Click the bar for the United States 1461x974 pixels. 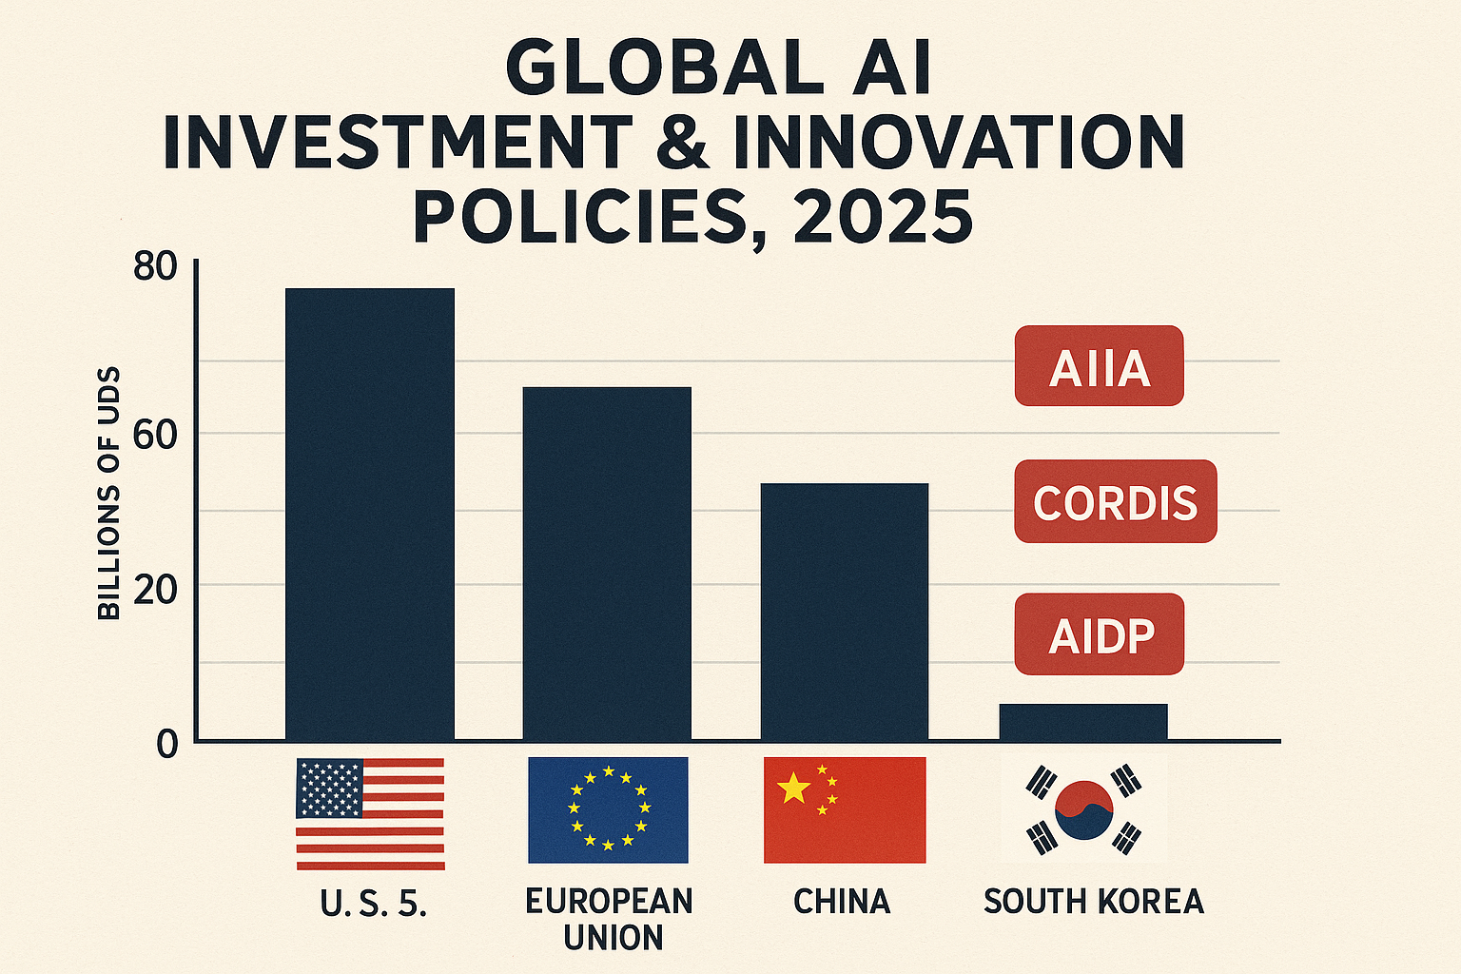point(369,514)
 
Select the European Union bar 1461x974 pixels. point(607,563)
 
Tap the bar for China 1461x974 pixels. point(844,612)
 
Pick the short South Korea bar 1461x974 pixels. point(1082,722)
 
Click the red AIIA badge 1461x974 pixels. point(1099,366)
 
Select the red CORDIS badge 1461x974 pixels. point(1115,502)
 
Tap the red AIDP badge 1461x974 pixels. point(1099,634)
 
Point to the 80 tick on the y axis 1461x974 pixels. point(155,267)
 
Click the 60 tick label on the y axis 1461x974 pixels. point(155,436)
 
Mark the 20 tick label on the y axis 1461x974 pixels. point(155,591)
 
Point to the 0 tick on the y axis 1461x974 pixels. point(167,744)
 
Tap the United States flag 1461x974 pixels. point(370,813)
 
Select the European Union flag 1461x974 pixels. point(608,809)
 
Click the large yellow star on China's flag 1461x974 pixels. point(792,788)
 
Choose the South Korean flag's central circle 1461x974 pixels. point(1083,810)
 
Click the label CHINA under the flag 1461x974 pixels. point(842,901)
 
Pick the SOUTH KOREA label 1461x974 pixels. point(1093,901)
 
